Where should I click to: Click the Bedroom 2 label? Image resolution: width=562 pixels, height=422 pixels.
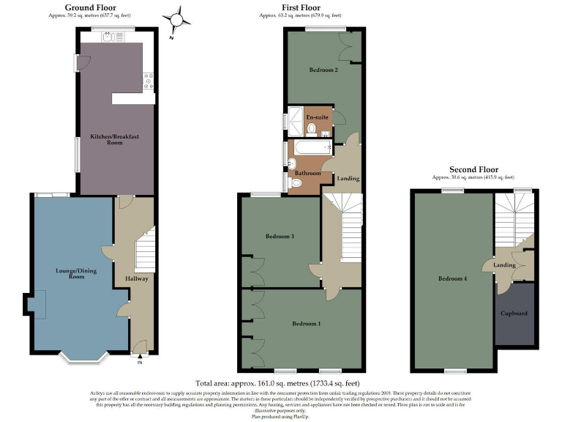[x=323, y=70]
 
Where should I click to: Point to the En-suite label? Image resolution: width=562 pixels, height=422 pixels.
[x=316, y=117]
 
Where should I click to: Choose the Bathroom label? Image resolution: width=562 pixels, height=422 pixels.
[x=308, y=174]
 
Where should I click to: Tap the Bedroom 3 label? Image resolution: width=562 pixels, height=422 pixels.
[x=280, y=237]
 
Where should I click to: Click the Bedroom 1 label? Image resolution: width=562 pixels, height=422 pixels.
[x=306, y=323]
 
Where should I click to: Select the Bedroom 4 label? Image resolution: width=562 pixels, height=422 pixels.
[x=452, y=278]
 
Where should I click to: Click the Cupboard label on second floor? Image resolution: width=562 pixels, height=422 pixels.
[x=514, y=314]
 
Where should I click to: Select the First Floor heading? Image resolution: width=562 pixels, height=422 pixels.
[x=299, y=7]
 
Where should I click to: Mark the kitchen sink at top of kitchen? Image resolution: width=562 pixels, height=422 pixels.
[x=110, y=37]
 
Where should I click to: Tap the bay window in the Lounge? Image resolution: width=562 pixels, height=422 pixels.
[x=84, y=358]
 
